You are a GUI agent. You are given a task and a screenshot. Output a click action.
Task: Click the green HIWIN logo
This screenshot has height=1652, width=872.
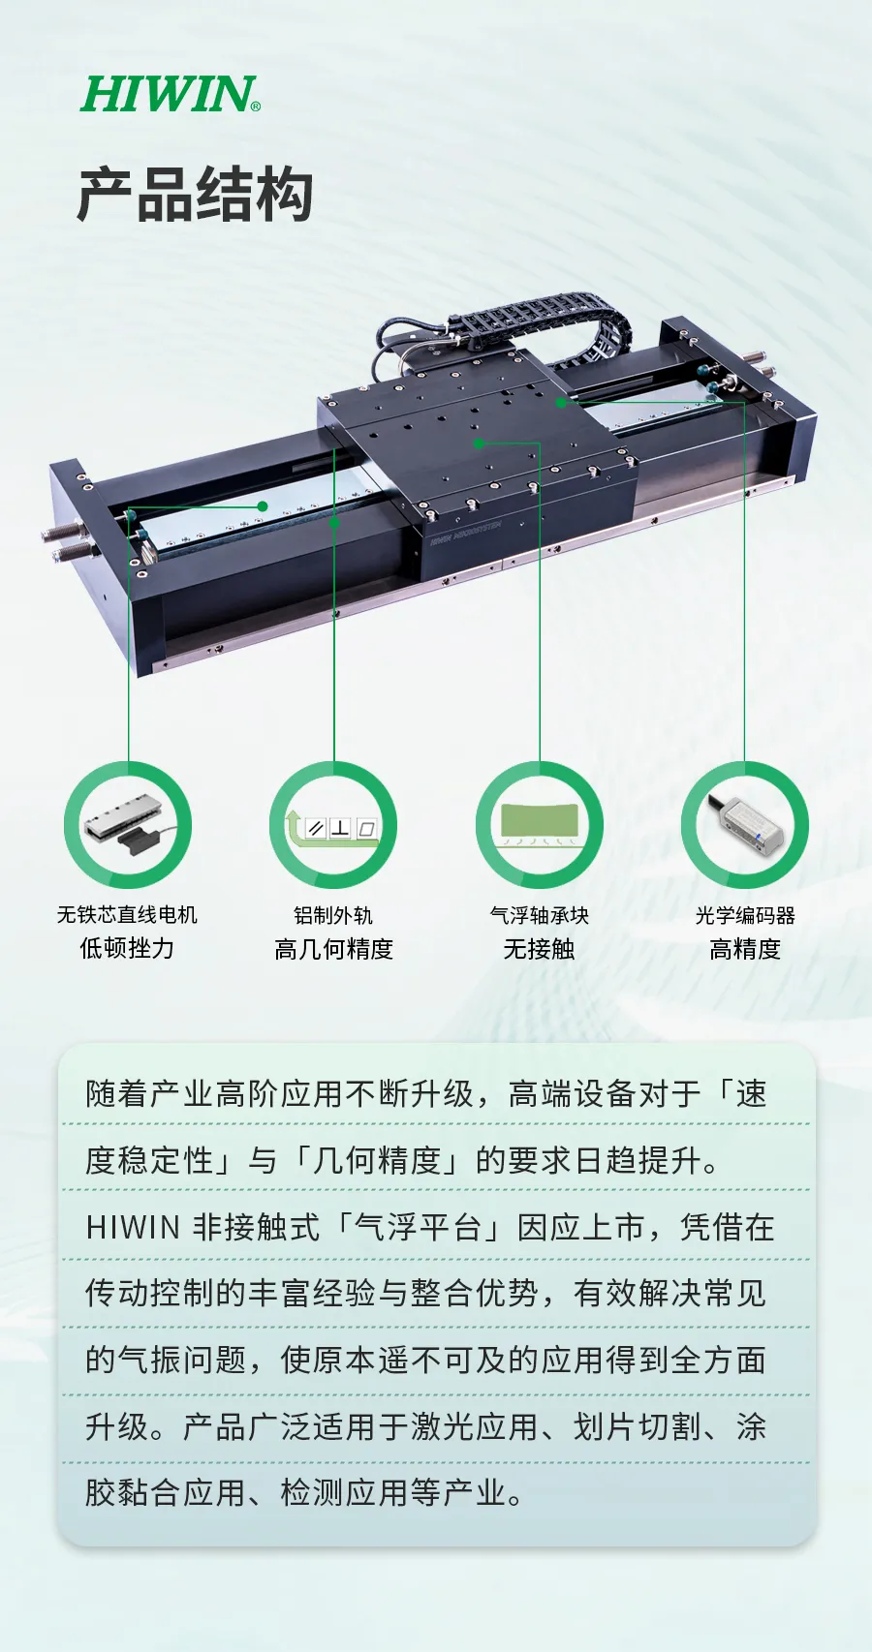170,94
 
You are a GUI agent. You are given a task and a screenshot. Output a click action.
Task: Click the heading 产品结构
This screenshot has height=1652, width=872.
196,195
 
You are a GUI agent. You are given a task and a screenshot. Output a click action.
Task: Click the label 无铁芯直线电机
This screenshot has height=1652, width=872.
128,915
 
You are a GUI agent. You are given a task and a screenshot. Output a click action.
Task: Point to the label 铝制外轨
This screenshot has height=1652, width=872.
333,916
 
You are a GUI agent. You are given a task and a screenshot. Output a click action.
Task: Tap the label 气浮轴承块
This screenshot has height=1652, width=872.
540,916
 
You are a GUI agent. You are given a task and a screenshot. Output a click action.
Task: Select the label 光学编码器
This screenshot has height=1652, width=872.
745,916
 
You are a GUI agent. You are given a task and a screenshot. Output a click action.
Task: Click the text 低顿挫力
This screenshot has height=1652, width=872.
127,948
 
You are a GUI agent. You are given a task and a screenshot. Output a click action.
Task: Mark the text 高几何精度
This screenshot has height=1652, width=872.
333,949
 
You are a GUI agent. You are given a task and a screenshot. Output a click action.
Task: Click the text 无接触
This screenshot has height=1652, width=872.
540,949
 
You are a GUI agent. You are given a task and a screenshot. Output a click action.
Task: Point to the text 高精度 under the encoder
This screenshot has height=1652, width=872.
745,949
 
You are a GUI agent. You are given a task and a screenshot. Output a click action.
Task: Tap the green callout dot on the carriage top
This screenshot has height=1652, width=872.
479,444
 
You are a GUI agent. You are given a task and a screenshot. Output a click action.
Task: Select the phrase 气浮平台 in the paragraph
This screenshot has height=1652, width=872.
418,1228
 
